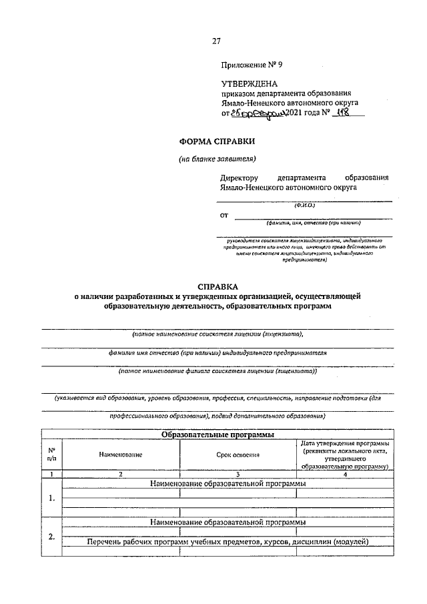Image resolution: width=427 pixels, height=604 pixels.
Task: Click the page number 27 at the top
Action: (216, 41)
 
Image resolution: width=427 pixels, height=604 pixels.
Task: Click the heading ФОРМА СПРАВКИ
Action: (217, 141)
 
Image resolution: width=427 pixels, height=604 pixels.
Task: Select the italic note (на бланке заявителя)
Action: (217, 158)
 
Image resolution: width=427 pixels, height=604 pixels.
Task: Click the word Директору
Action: (239, 178)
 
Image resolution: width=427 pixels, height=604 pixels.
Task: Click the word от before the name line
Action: (224, 216)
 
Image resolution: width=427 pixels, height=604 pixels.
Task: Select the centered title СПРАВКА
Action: (216, 285)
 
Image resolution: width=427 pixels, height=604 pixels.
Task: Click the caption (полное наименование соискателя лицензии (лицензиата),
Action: (217, 333)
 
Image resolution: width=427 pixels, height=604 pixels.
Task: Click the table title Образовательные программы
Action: (218, 435)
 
